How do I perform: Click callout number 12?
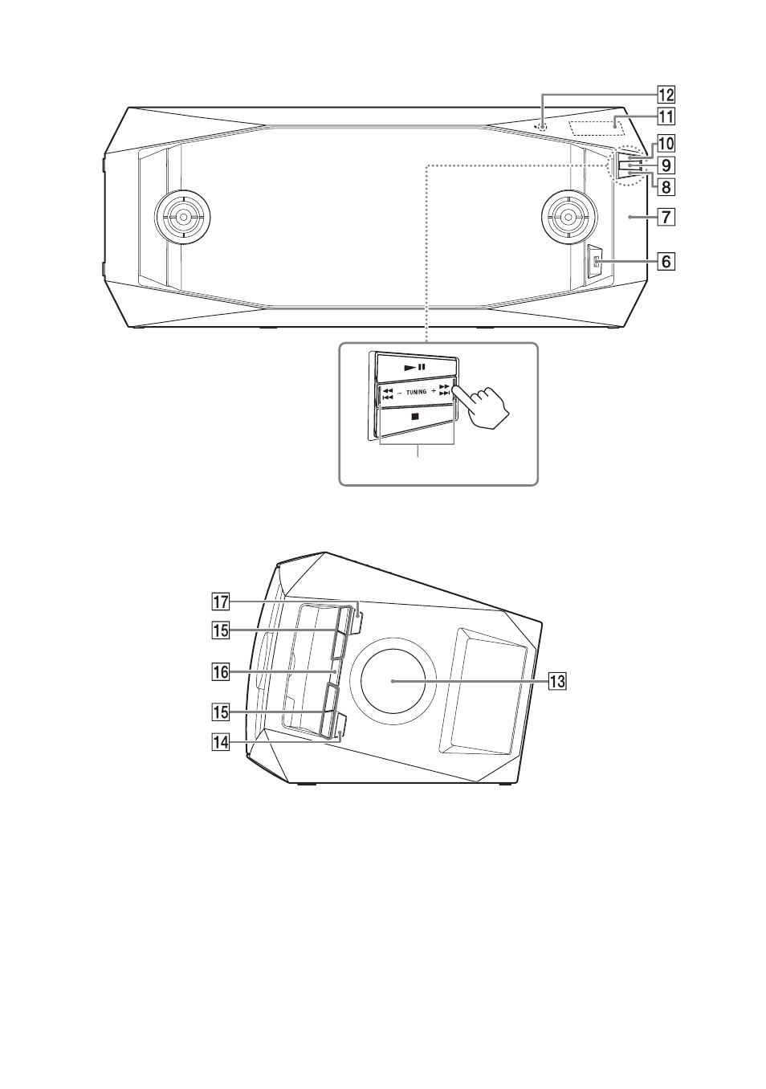coord(666,94)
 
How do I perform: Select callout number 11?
coord(666,117)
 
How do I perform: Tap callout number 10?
coord(666,144)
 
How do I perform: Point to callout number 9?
coord(666,165)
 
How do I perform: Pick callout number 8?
coord(666,186)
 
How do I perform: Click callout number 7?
coord(666,216)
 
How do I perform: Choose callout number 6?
coord(666,262)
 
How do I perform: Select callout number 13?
coord(557,681)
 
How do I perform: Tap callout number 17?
coord(220,602)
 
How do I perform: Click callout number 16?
coord(220,672)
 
